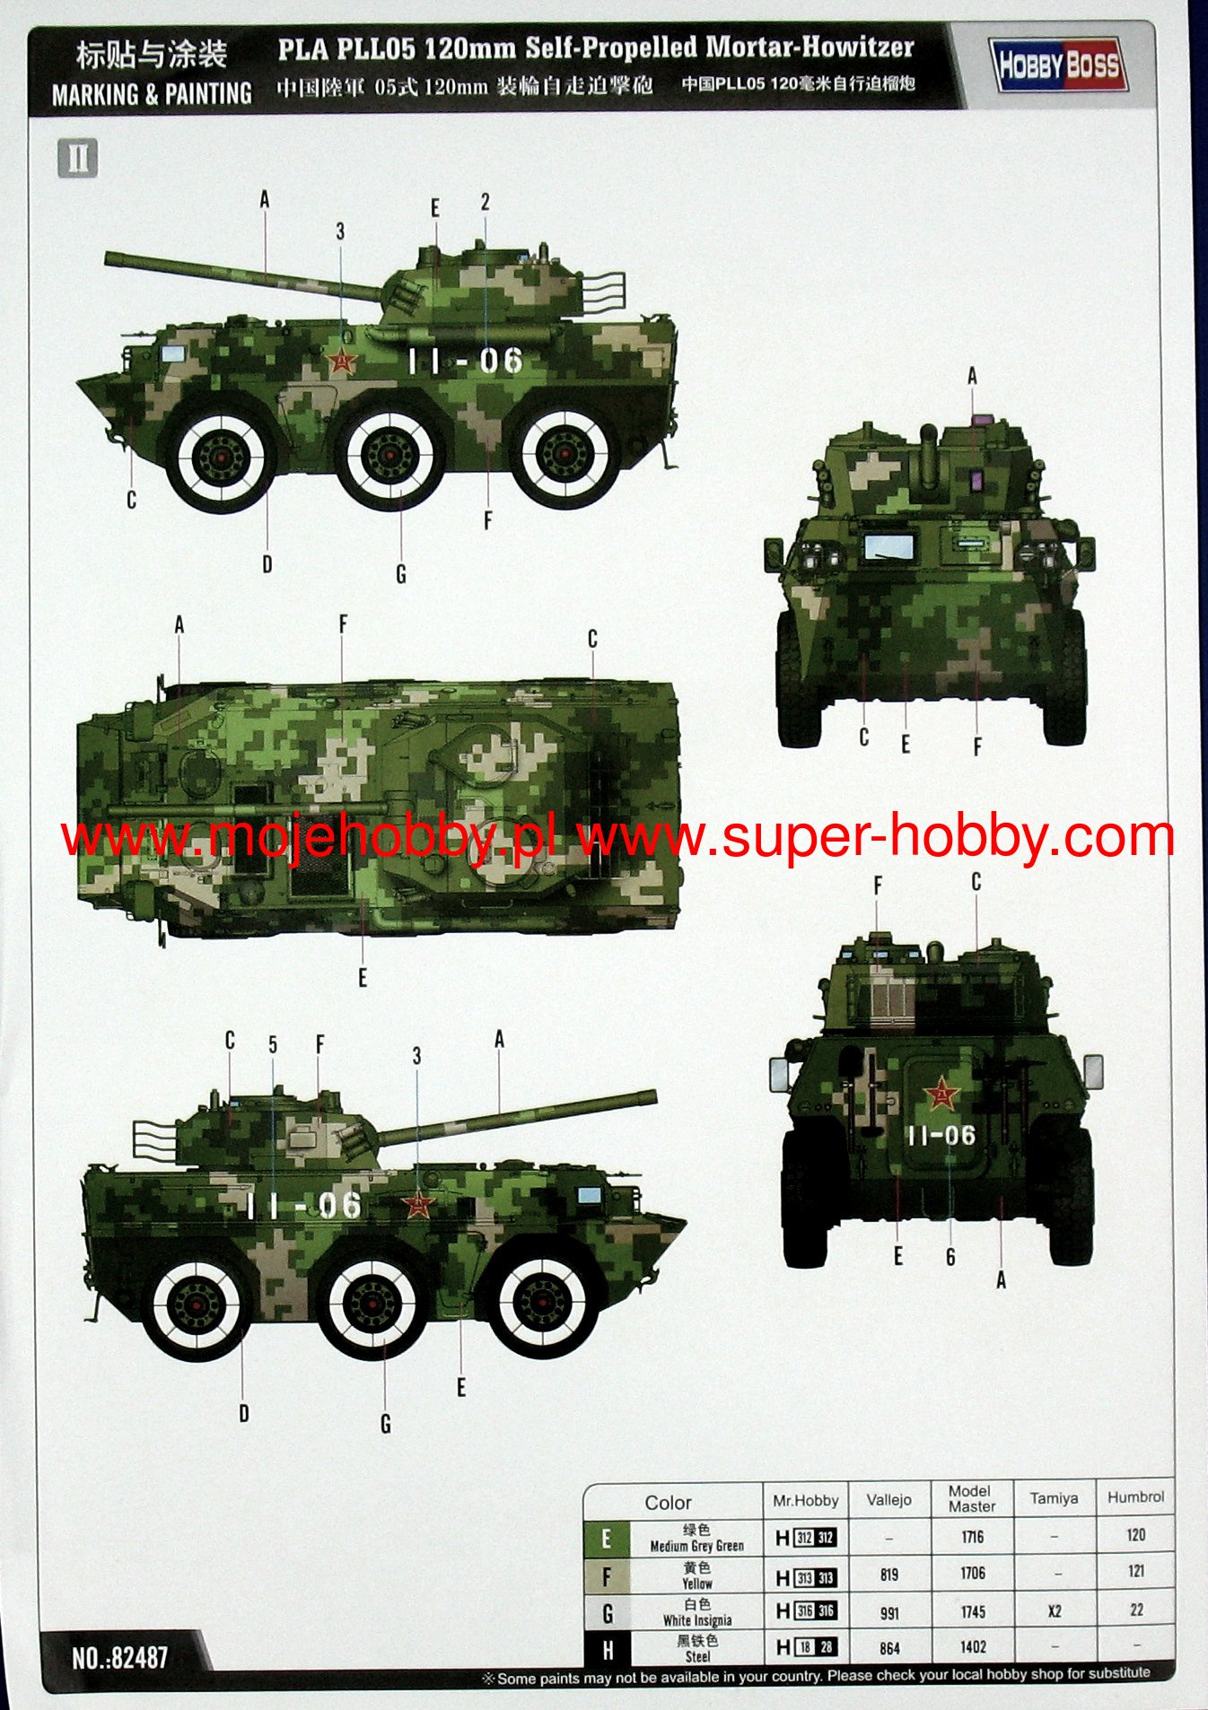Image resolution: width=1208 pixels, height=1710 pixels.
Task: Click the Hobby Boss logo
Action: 1060,65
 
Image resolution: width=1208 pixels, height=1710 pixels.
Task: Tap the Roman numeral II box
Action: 77,158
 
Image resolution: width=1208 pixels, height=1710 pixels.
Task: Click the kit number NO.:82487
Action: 120,1657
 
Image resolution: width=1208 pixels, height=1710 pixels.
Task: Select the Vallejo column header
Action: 888,1499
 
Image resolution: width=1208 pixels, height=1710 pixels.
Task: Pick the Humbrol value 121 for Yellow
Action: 1135,1571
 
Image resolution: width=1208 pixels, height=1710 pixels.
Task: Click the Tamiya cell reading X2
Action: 1055,1611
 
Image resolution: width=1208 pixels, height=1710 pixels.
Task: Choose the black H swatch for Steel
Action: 607,1648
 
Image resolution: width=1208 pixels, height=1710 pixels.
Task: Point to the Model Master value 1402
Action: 973,1647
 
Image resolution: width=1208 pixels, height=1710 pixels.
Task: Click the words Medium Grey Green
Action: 696,1546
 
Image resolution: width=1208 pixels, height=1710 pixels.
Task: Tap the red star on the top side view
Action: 341,361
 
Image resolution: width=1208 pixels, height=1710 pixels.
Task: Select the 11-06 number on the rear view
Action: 941,1136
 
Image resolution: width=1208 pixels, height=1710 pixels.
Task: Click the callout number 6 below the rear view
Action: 950,1257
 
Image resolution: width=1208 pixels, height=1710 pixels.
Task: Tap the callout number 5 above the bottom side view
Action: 273,1045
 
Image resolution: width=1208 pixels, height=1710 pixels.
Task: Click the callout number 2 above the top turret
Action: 485,203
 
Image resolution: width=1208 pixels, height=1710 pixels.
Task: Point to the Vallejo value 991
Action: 888,1612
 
